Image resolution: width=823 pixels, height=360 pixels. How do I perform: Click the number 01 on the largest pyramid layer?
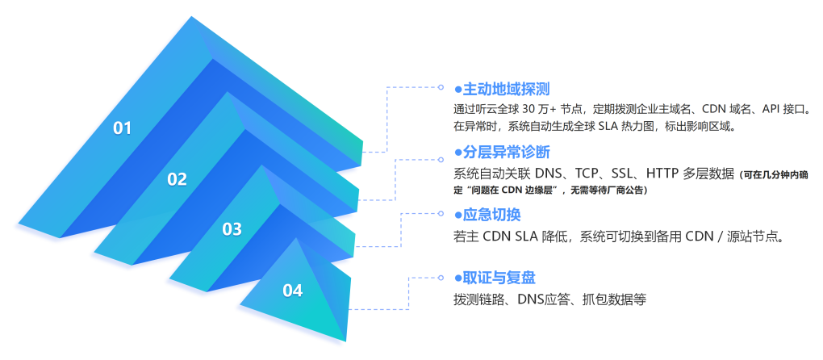pos(122,128)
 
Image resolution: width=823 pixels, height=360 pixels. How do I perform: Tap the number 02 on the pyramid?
pos(177,179)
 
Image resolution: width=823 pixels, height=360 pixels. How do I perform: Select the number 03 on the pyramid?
pos(232,229)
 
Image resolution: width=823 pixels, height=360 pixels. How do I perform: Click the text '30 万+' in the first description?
pos(544,108)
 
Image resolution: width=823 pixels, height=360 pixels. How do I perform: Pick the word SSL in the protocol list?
pos(622,173)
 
